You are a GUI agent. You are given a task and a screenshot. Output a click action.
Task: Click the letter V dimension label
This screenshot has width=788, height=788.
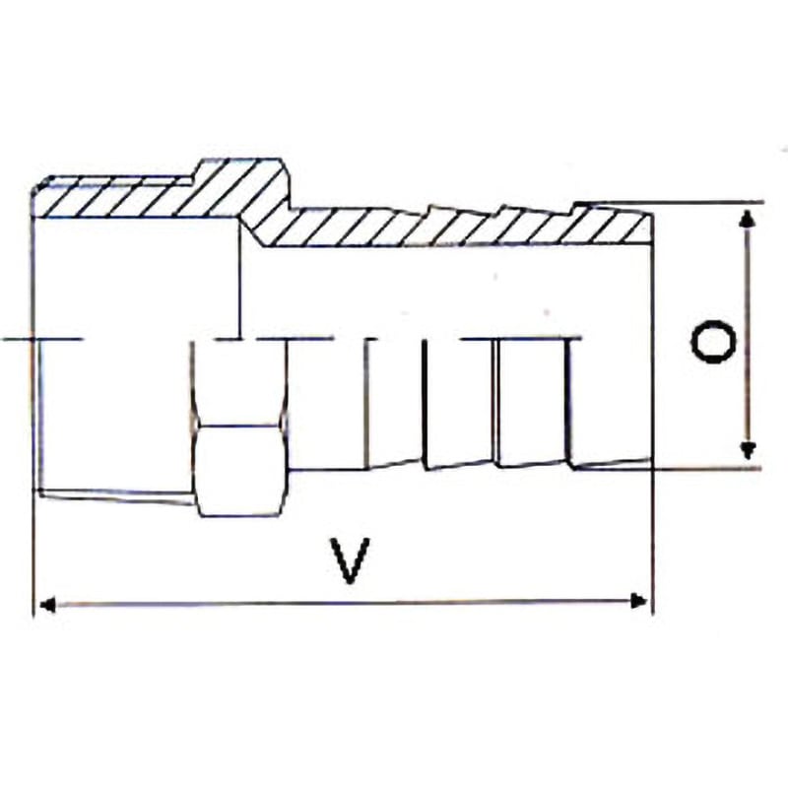point(351,560)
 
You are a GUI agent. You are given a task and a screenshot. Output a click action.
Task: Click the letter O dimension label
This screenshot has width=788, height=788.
point(713,343)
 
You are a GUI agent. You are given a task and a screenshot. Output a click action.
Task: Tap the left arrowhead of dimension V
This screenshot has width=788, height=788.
point(46,605)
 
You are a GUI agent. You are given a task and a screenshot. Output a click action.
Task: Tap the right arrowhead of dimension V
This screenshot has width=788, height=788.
point(638,601)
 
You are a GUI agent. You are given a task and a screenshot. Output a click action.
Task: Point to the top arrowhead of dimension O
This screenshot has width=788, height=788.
point(749,219)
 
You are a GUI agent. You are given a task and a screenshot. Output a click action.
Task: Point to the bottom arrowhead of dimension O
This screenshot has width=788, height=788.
point(749,450)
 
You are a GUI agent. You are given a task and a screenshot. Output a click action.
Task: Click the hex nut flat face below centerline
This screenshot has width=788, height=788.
point(239,470)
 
